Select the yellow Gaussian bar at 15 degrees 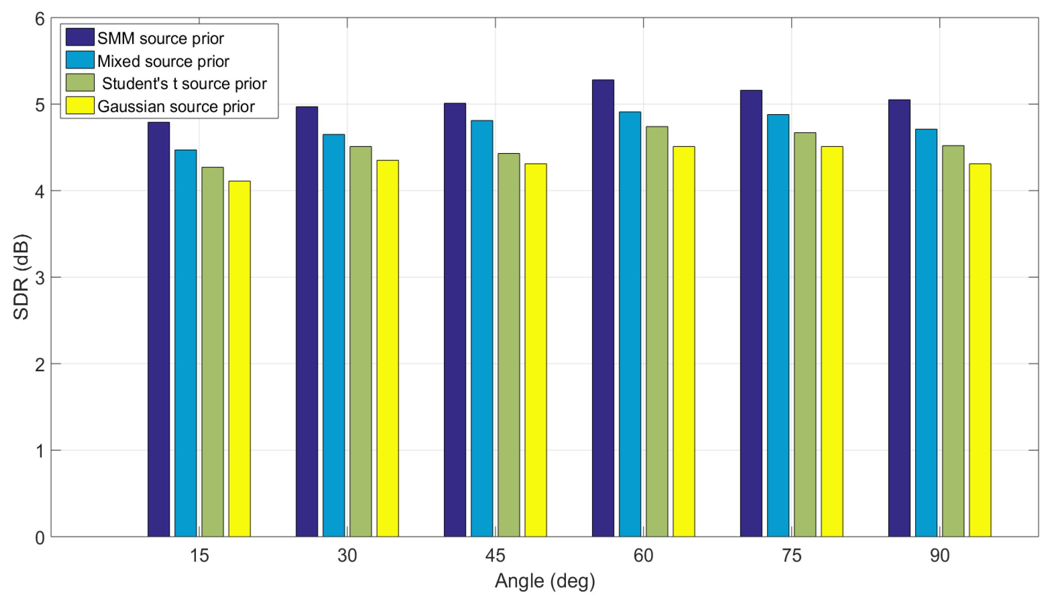pyautogui.click(x=239, y=359)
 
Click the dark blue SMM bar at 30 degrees pyautogui.click(x=307, y=321)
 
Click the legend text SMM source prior pyautogui.click(x=160, y=38)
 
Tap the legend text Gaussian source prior pyautogui.click(x=176, y=106)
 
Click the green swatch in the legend pyautogui.click(x=80, y=83)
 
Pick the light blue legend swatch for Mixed pyautogui.click(x=80, y=60)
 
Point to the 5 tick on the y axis pyautogui.click(x=40, y=105)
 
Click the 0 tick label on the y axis pyautogui.click(x=40, y=537)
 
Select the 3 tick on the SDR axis pyautogui.click(x=40, y=278)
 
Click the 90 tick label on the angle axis pyautogui.click(x=939, y=556)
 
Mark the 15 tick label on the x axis pyautogui.click(x=199, y=556)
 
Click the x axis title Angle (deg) pyautogui.click(x=544, y=581)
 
